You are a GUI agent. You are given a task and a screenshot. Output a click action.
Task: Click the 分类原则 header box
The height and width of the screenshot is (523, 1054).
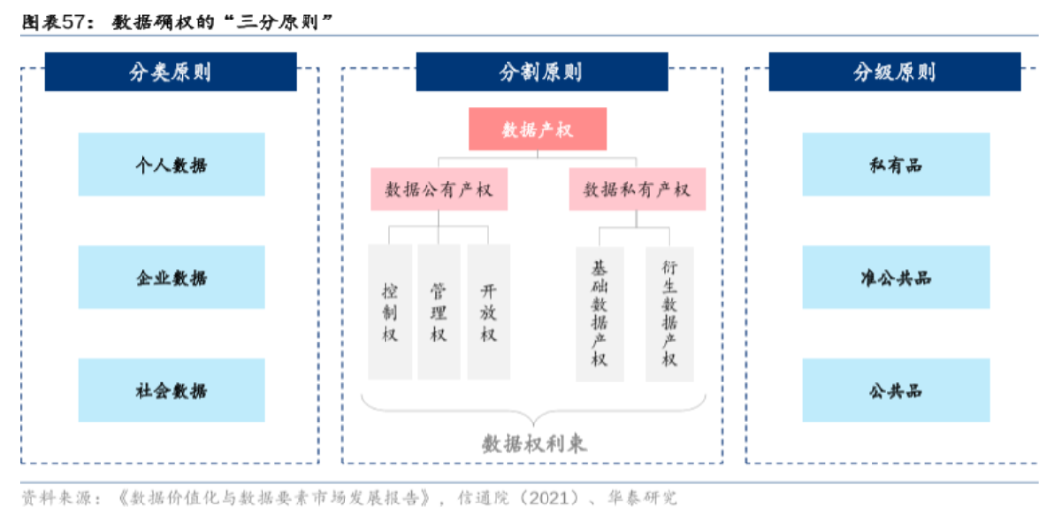click(171, 72)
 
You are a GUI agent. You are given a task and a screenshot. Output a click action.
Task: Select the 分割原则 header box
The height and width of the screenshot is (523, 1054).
click(541, 72)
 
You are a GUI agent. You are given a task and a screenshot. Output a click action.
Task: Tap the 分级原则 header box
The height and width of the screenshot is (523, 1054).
click(894, 72)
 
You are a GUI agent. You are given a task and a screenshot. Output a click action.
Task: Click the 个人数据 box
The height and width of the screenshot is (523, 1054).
click(171, 165)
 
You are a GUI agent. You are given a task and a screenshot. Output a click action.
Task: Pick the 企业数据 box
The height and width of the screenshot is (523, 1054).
click(171, 278)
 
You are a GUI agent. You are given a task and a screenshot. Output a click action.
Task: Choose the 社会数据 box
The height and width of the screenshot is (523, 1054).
click(171, 391)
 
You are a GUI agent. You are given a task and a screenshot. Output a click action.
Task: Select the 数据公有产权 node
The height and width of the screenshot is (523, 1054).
click(439, 189)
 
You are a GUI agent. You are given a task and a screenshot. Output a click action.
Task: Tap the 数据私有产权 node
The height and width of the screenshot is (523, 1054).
click(636, 189)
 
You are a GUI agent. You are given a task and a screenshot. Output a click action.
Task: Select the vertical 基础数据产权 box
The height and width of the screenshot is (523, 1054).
click(599, 312)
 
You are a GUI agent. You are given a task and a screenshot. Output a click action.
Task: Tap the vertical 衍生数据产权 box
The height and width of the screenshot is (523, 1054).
click(669, 312)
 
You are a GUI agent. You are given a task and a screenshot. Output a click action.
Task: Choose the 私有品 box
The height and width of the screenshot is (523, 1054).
click(895, 165)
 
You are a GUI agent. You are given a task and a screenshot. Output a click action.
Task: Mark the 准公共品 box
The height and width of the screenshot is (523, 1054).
click(895, 278)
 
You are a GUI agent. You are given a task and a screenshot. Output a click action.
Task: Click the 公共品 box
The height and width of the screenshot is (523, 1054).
click(895, 391)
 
